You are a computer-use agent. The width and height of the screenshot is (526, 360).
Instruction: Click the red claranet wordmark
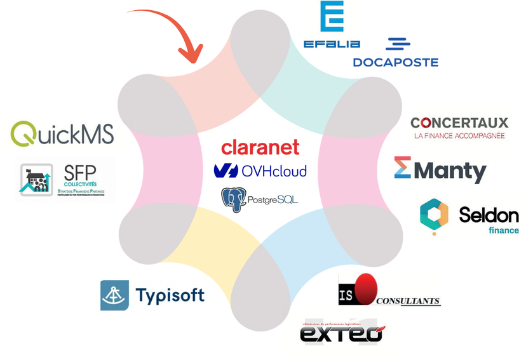pyautogui.click(x=260, y=147)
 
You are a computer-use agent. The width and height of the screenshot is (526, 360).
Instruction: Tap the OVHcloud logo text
pyautogui.click(x=273, y=171)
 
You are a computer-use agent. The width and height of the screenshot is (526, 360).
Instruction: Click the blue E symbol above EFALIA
pyautogui.click(x=332, y=17)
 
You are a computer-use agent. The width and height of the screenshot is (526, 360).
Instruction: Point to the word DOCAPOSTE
pyautogui.click(x=395, y=62)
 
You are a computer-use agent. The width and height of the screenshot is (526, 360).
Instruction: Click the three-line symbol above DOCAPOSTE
pyautogui.click(x=398, y=44)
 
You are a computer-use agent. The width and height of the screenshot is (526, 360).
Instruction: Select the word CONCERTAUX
pyautogui.click(x=459, y=123)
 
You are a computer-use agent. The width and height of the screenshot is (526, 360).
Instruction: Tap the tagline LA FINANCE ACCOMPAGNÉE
pyautogui.click(x=459, y=135)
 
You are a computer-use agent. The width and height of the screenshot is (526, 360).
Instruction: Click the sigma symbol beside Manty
pyautogui.click(x=403, y=167)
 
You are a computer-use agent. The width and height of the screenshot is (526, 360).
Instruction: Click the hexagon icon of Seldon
pyautogui.click(x=435, y=216)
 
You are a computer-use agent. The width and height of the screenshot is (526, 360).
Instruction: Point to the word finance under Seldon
pyautogui.click(x=503, y=230)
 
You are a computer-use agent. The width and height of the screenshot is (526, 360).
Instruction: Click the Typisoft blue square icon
pyautogui.click(x=114, y=295)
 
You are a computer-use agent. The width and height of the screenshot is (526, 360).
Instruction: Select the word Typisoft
pyautogui.click(x=170, y=295)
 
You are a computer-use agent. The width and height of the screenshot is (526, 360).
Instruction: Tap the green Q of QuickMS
pyautogui.click(x=24, y=134)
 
